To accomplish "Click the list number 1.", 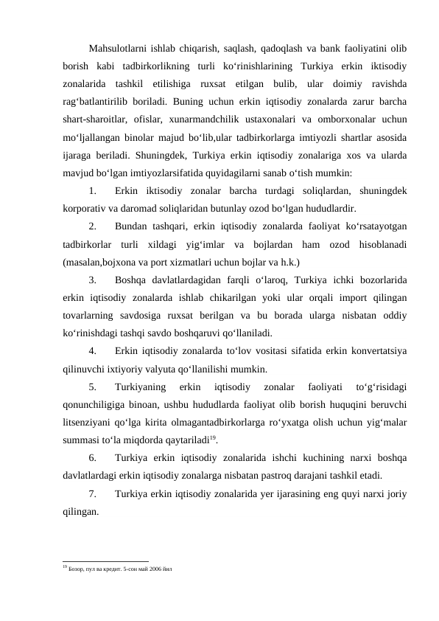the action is pyautogui.click(x=93, y=192).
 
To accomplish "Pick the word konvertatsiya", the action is pyautogui.click(x=380, y=350).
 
